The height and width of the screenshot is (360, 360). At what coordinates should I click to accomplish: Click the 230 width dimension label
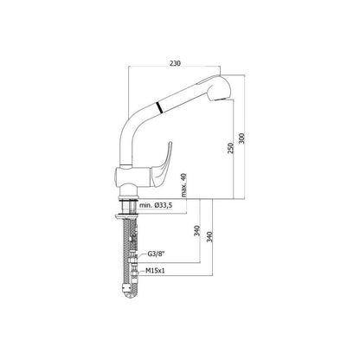pos(175,63)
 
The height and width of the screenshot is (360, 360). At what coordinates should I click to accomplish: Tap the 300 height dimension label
pos(241,138)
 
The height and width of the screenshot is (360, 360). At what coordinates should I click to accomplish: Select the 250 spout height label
pos(230,148)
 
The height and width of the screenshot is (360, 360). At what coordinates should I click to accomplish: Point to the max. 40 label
pos(184,185)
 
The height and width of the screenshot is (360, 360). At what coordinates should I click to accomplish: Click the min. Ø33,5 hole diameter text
pos(156,205)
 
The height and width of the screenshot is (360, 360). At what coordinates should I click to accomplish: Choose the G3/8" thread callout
pos(156,254)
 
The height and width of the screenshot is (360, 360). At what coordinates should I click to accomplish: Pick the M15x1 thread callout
pos(155,271)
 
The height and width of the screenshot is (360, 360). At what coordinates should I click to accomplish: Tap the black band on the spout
pos(159,107)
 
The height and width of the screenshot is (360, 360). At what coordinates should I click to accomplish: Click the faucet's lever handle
pos(161,164)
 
